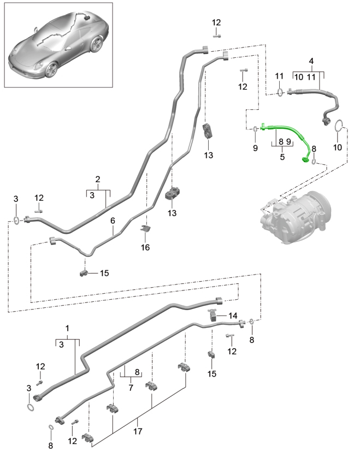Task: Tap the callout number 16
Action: [145, 248]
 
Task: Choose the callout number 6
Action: [113, 221]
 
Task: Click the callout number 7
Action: [131, 387]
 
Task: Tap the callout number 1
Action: [68, 329]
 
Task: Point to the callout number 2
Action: [98, 179]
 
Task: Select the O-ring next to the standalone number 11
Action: [279, 93]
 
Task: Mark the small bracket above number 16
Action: [146, 229]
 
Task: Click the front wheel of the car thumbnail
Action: [51, 69]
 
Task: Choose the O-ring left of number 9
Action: [256, 129]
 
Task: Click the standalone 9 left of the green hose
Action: [255, 147]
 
